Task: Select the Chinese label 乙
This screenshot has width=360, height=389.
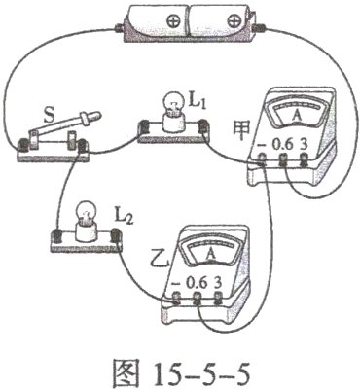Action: [149, 261]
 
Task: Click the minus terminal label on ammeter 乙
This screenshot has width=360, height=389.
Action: [176, 284]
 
